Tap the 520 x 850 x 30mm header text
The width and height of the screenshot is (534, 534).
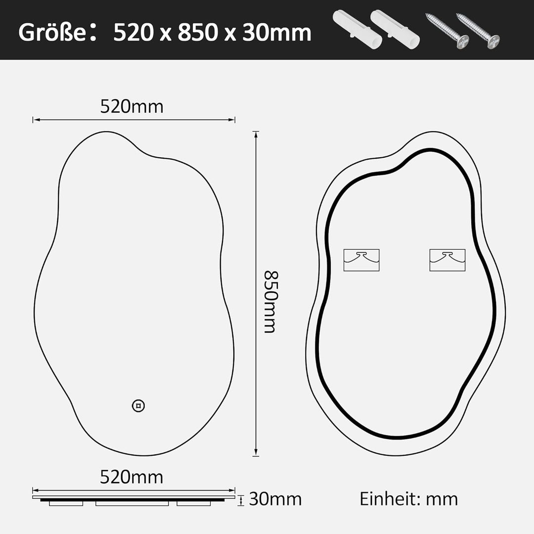click(212, 32)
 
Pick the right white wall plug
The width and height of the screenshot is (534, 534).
click(394, 29)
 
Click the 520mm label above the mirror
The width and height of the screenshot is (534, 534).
click(132, 106)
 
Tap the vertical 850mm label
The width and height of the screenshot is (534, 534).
click(270, 301)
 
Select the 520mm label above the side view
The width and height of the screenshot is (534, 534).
click(132, 477)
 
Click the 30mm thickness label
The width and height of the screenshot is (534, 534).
click(275, 499)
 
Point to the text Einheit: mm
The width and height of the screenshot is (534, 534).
click(408, 499)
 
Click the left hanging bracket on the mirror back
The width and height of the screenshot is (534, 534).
click(361, 260)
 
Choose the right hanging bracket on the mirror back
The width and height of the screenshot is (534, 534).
click(447, 260)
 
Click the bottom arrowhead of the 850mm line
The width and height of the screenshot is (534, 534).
click(256, 453)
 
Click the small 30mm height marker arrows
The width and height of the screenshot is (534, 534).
click(240, 500)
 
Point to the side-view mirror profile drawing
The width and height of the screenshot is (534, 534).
click(133, 500)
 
